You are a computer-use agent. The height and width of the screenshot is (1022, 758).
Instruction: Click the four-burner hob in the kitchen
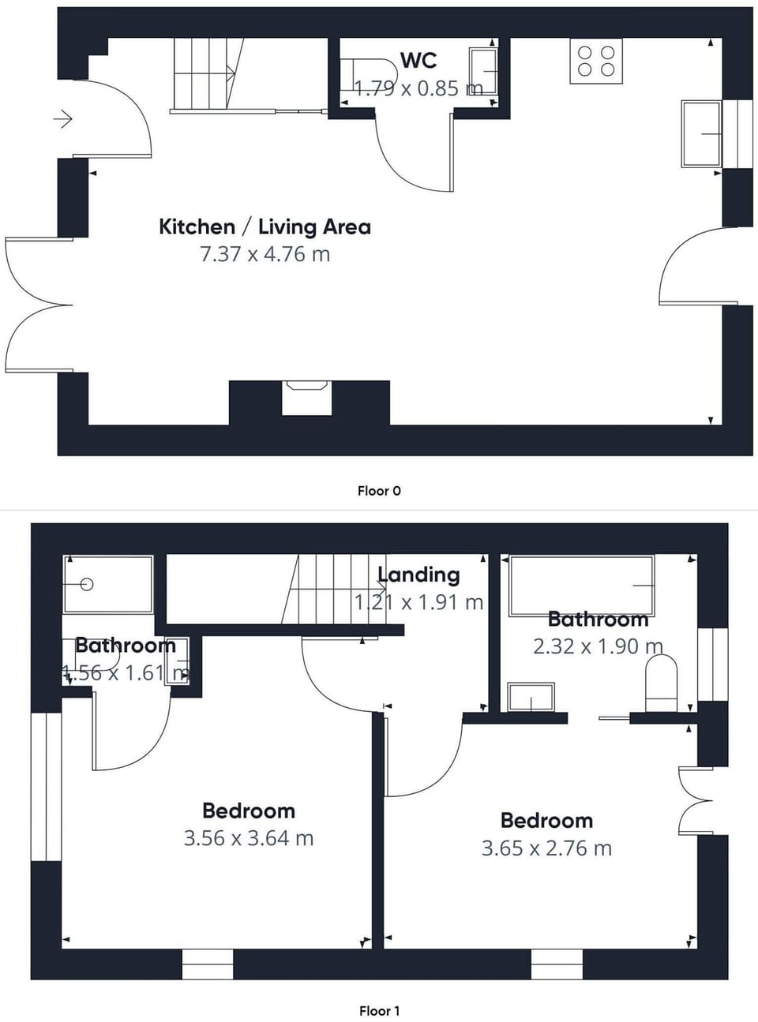point(596,61)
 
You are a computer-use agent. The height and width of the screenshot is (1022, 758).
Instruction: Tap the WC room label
point(418,60)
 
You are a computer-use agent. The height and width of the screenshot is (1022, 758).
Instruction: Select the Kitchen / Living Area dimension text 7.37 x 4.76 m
point(265,254)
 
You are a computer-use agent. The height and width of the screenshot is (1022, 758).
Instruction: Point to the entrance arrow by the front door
point(62,120)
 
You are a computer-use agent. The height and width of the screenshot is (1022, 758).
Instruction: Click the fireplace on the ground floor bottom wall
point(306,397)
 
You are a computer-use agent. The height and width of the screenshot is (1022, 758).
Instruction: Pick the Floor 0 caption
point(379,491)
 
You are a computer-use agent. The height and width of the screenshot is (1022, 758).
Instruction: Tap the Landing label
point(418,575)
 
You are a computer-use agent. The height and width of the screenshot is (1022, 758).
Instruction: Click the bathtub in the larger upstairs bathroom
point(581,586)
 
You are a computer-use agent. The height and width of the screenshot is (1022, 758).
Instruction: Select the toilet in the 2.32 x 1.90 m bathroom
point(661,683)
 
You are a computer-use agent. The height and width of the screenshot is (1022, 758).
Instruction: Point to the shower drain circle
point(87,584)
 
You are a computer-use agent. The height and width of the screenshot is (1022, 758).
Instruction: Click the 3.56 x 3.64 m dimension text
point(249,837)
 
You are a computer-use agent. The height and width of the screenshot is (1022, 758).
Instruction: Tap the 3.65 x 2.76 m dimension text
point(546,848)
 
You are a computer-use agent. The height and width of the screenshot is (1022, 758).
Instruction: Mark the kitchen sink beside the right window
point(701,134)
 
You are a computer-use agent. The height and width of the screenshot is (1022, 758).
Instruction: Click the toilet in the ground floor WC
point(367,76)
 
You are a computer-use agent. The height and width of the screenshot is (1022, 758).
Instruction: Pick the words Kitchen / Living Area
point(265,226)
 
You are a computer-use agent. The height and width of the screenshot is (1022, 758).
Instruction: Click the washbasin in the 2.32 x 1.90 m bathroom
point(531,697)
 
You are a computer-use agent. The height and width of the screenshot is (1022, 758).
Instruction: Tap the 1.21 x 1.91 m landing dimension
point(418,602)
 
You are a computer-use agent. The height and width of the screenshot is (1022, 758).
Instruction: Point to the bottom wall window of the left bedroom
point(208,964)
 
